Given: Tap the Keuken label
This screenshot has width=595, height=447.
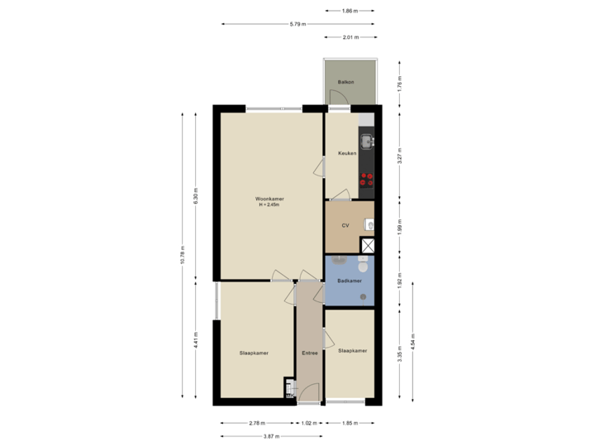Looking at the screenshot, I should coord(346,153).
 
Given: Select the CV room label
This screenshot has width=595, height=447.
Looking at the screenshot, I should coord(345,224).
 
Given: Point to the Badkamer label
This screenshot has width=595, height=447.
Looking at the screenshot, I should coord(349,281).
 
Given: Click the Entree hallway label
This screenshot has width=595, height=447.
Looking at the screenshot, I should coord(309,353).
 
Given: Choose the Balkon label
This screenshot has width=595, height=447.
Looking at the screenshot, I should coord(345,83).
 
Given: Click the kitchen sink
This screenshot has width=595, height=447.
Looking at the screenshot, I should coord(366,139).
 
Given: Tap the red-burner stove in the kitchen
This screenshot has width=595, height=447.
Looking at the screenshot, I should coord(366,181).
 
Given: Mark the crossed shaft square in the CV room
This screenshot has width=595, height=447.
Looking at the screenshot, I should coord(368,245).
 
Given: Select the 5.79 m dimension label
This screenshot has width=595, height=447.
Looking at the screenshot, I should coord(297,24).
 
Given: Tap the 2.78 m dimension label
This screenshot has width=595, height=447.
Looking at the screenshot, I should coord(256,423).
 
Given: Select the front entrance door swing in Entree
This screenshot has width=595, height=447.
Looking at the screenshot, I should coord(307,394).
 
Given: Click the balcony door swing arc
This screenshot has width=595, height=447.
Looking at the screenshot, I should coord(337,97).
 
